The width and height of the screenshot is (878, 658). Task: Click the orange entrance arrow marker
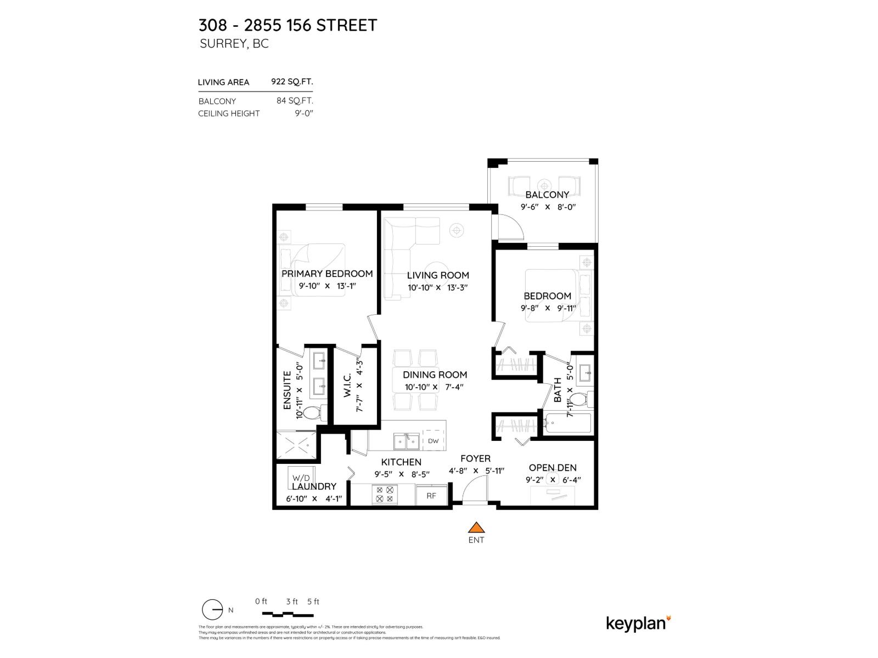click(x=476, y=527)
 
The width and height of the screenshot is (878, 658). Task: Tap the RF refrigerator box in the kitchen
click(x=431, y=495)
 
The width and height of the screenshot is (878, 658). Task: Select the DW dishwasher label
click(x=433, y=441)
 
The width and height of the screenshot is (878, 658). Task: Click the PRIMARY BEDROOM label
click(x=327, y=274)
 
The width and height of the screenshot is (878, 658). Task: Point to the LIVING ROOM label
click(x=438, y=275)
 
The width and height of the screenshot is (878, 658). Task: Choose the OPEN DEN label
click(x=553, y=468)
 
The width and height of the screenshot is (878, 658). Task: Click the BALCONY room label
click(x=547, y=195)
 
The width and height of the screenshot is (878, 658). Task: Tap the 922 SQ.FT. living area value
click(x=292, y=82)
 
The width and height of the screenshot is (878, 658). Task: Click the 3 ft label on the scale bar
click(x=291, y=602)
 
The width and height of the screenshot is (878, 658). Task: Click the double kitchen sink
click(x=406, y=441)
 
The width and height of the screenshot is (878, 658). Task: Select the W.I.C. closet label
click(x=348, y=386)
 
